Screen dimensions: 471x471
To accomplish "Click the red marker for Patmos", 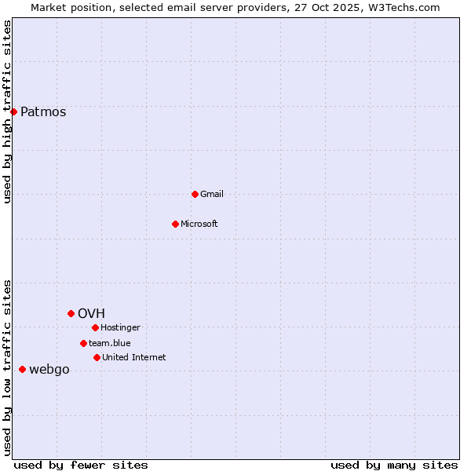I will pos(13,111).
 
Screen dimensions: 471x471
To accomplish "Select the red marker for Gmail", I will pos(195,194).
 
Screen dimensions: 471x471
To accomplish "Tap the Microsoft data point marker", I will pos(175,224).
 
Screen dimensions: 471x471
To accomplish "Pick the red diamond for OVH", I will pos(71,313).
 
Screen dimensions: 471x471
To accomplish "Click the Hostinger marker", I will pos(95,327).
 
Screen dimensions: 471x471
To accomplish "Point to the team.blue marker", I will pos(83,343).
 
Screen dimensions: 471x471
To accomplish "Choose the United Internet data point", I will pos(97,357).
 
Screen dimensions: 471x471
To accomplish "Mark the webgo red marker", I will pos(22,369).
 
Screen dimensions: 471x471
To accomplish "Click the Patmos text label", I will pos(43,111).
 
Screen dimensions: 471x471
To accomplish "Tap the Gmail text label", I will pos(212,194).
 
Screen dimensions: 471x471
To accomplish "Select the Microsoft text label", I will pos(199,224).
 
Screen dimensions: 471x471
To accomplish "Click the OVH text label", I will pos(91,313).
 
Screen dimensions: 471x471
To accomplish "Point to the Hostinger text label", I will pos(120,327).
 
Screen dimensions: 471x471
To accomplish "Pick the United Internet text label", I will pos(133,357).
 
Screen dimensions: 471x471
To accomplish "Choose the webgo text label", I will pos(49,369).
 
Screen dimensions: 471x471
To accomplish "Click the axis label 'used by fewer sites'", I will pos(81,465).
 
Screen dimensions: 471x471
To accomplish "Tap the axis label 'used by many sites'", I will pos(394,465).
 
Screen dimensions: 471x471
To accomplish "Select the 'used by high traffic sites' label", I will pos(7,111).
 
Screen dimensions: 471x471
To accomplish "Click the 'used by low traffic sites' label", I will pos(7,367).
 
